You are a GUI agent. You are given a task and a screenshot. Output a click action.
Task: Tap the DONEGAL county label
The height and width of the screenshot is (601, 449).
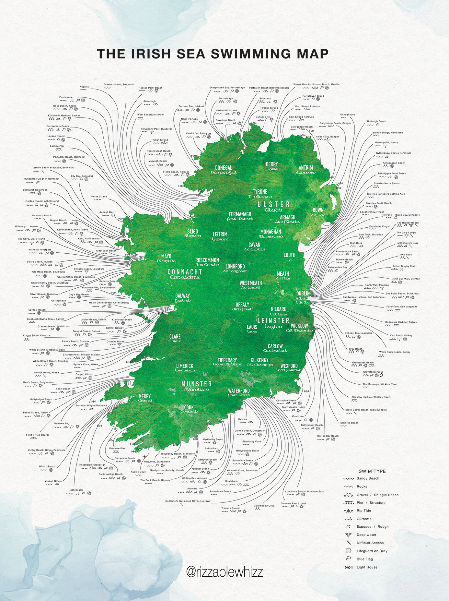coord(224,168)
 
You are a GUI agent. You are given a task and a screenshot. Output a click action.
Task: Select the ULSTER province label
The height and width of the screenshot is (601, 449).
coord(274,204)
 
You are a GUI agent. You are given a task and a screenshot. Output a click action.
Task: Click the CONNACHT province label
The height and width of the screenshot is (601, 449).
coord(185,272)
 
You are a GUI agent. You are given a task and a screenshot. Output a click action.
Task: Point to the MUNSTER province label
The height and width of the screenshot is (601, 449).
coord(197,384)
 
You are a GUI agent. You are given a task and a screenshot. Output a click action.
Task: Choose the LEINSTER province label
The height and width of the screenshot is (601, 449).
coord(273,320)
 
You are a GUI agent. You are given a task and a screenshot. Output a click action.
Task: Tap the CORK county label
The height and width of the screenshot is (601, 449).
coord(189,407)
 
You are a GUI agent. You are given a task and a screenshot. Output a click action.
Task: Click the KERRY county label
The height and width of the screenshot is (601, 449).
coord(145,396)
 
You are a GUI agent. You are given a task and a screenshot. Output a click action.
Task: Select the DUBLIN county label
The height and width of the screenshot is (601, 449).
coord(303,294)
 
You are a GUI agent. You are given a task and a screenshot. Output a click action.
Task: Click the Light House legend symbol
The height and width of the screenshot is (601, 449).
coord(349,567)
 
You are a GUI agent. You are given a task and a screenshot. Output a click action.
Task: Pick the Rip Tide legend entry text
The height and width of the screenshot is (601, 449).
coord(364,511)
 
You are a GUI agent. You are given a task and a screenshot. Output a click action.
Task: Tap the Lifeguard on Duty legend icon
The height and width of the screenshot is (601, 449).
coord(349,551)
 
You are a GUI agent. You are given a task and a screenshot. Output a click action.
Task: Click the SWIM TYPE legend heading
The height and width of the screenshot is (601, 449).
coord(372,471)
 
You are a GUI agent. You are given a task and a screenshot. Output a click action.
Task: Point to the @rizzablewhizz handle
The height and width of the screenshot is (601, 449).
coord(224,572)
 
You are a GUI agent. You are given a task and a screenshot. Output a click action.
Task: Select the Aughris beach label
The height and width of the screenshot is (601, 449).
coord(84,87)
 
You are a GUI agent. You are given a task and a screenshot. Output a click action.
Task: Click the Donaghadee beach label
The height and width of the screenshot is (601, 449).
coord(348,114)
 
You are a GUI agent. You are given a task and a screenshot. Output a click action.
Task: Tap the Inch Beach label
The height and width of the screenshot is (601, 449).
coord(76,490)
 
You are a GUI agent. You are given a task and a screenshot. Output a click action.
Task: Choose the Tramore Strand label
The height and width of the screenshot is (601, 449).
coord(230,508)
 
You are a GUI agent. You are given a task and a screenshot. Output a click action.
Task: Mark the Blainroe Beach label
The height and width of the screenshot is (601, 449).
coord(349,423)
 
